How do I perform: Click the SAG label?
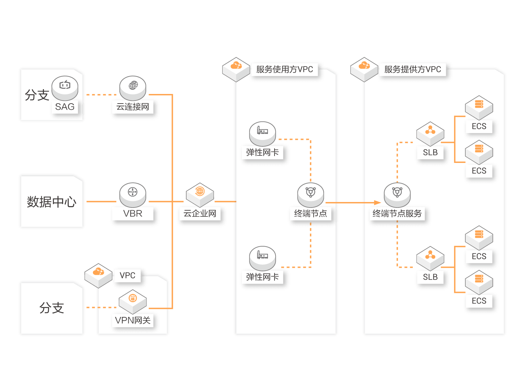(65, 107)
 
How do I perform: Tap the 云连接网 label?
(133, 107)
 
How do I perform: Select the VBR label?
(133, 214)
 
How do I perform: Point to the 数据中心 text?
(51, 202)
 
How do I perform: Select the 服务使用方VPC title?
(284, 69)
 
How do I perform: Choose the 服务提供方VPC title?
(412, 69)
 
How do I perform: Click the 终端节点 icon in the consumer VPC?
(311, 194)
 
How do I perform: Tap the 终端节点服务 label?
(397, 214)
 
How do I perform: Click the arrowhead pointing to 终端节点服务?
(377, 203)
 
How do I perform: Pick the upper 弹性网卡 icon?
(262, 133)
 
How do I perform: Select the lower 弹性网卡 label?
(262, 277)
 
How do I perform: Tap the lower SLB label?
(430, 277)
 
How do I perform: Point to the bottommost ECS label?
(479, 301)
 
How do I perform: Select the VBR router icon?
(133, 193)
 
